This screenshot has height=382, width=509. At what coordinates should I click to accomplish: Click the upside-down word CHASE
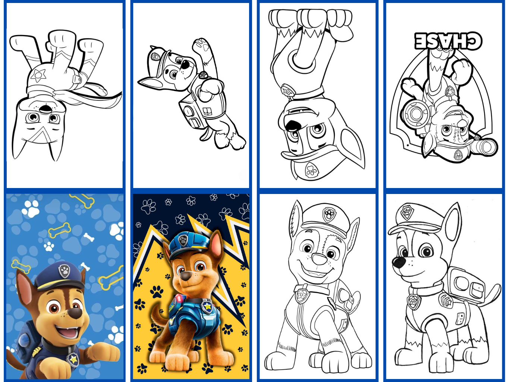448,41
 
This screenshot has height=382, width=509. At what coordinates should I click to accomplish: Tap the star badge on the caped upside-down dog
38,75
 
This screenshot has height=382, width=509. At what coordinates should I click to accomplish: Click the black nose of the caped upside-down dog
45,108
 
